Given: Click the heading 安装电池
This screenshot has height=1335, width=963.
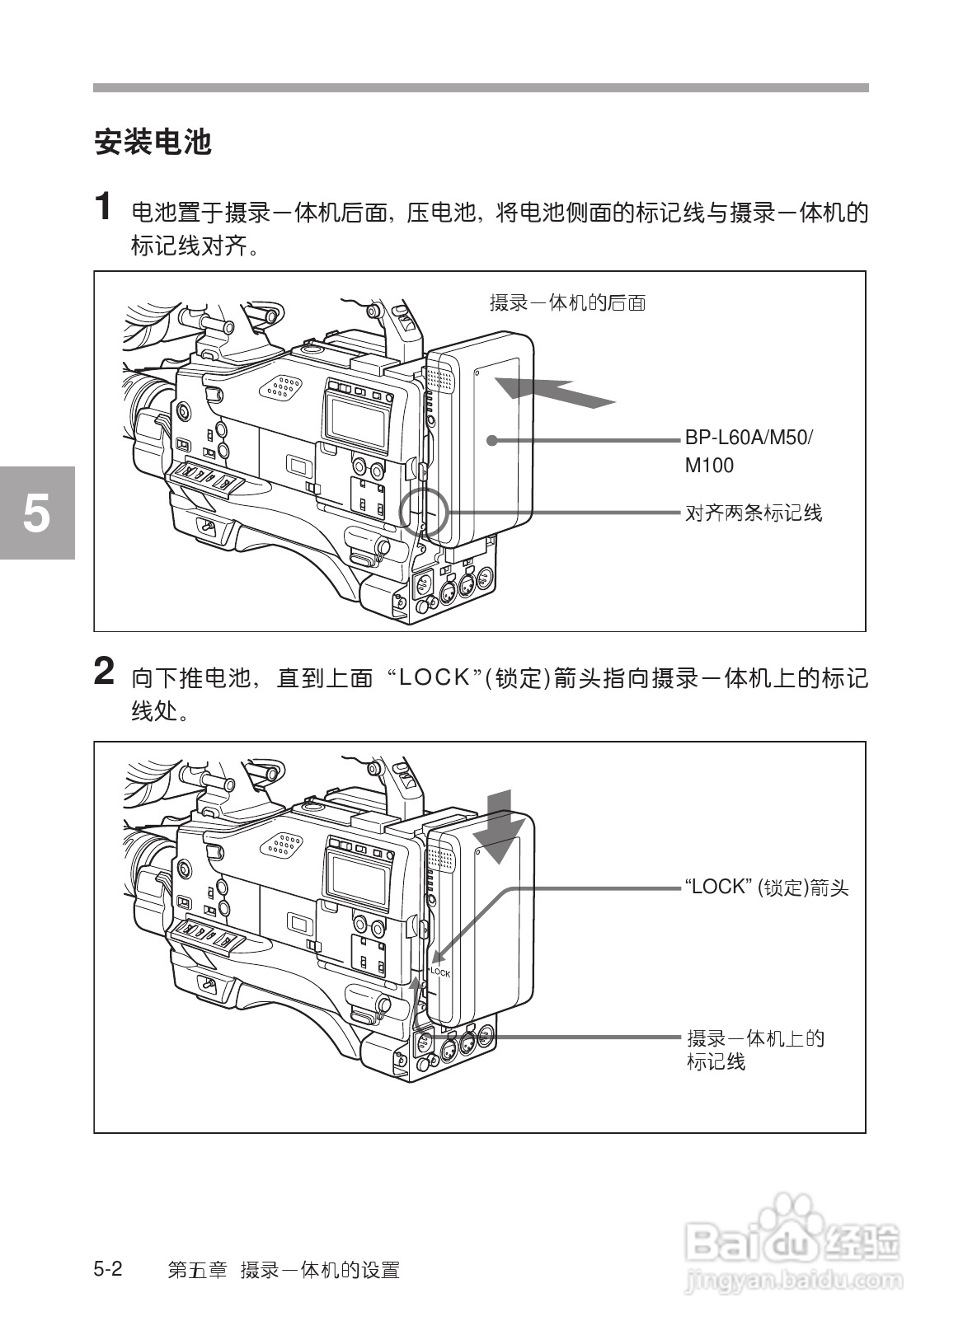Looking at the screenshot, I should [x=153, y=143].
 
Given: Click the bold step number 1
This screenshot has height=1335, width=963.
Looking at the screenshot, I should [x=103, y=207].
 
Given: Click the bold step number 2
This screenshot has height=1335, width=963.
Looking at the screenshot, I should [x=104, y=672].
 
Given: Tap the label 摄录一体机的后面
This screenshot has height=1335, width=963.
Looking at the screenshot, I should [x=567, y=303].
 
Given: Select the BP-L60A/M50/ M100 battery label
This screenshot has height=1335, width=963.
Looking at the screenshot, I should [x=747, y=451].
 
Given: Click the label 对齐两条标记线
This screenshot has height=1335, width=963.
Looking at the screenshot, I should [x=754, y=513].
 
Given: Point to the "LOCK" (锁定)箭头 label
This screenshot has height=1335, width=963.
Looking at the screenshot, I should [x=766, y=888].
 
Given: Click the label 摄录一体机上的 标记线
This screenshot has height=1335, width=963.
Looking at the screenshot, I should [x=755, y=1049].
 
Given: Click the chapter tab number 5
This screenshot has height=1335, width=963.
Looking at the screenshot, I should [x=35, y=513].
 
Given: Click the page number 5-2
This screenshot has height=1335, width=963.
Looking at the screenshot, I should [x=108, y=1269].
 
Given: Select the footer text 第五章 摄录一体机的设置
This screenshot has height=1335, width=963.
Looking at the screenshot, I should [x=284, y=1270].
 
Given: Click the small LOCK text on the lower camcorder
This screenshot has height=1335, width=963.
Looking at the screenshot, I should [x=440, y=972].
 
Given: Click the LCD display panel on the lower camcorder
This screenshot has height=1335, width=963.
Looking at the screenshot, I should [x=356, y=877].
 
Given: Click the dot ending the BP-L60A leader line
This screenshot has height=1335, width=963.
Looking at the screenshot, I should [x=491, y=440].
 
